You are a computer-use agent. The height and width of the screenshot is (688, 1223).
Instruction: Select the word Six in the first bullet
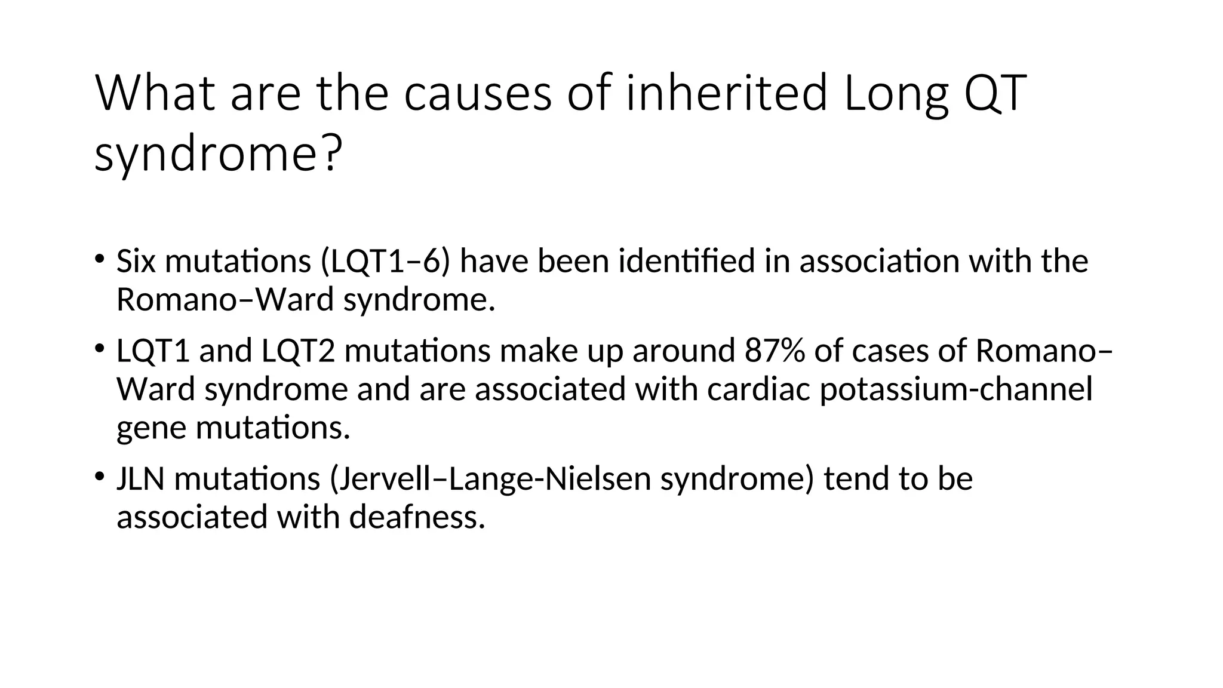click(136, 262)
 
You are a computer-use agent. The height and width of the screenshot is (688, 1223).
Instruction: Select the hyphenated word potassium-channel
click(955, 389)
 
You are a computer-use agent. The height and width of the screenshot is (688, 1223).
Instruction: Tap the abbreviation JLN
click(140, 479)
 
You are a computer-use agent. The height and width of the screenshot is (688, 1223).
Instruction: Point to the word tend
click(856, 479)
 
